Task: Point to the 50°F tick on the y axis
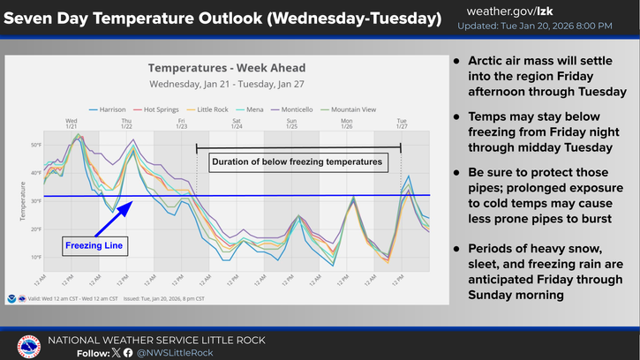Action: [36, 144]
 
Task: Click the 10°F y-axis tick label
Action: [36, 257]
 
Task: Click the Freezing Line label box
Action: [94, 245]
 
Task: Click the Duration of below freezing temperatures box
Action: [297, 162]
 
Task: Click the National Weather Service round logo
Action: [28, 346]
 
